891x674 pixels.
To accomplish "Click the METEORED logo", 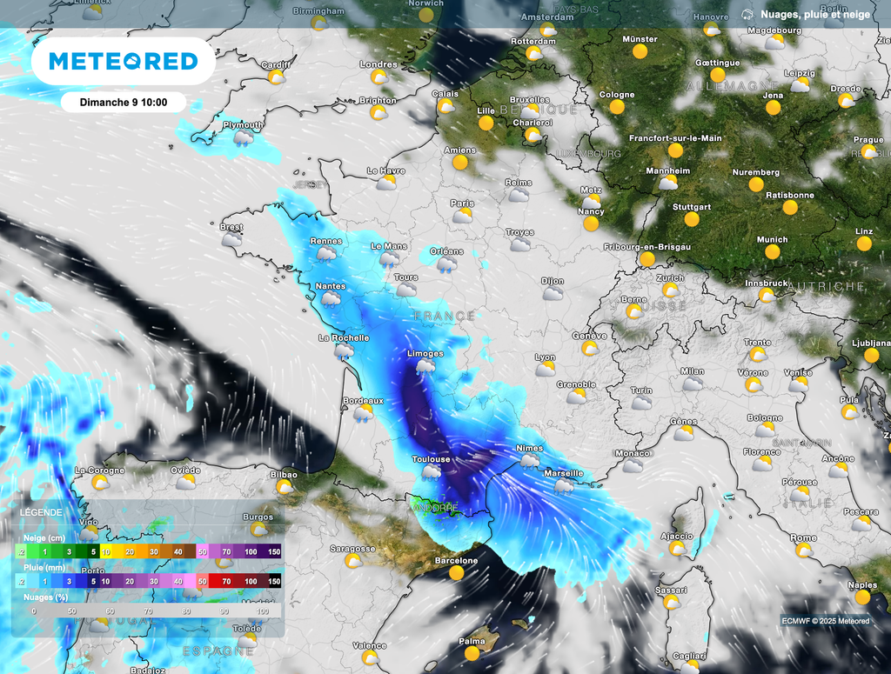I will [123, 61].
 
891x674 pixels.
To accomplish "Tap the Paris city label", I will [462, 203].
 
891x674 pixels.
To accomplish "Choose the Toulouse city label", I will [431, 459].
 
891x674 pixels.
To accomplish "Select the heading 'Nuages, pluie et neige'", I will [814, 14].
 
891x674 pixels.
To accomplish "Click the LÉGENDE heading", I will [42, 512].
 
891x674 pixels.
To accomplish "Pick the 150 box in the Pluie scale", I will [274, 580].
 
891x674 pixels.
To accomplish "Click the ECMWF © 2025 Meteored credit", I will [825, 620].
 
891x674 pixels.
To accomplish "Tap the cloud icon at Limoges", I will [425, 366].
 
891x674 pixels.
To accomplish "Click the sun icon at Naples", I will [862, 597].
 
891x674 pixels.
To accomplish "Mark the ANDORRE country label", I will [435, 507].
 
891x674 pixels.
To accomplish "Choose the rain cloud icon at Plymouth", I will [244, 137].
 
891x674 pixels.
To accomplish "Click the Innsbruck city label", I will [766, 284].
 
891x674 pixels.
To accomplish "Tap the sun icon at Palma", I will [472, 653].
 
